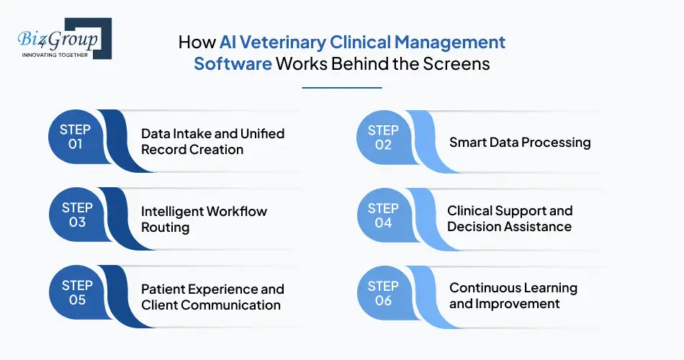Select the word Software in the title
(233, 63)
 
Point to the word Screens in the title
(458, 63)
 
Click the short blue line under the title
(341, 87)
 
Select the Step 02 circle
(383, 137)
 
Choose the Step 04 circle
(383, 215)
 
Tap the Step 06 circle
(383, 292)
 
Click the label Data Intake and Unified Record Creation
(212, 142)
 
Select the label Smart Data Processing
(520, 142)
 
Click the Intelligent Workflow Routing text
(204, 220)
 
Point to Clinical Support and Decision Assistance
(510, 218)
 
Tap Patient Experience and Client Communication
(212, 297)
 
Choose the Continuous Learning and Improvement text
(513, 295)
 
